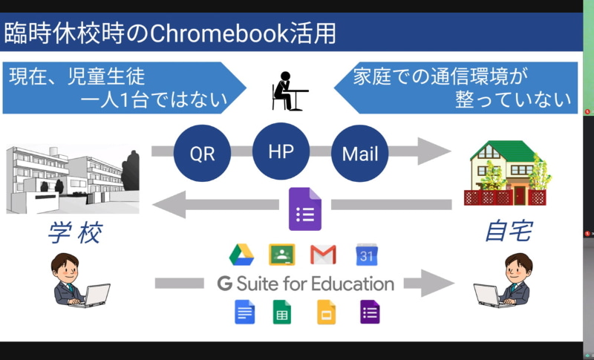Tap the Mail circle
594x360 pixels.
click(x=360, y=154)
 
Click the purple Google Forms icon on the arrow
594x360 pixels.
click(x=304, y=209)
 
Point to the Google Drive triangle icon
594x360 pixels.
click(x=242, y=255)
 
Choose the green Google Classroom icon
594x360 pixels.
click(x=282, y=255)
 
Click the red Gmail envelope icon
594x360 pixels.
click(x=323, y=255)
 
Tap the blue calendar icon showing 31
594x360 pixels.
click(x=367, y=255)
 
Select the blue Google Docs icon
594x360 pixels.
click(x=244, y=312)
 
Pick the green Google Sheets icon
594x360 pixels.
click(x=282, y=312)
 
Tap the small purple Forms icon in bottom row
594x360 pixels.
click(x=369, y=312)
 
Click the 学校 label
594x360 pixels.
click(x=74, y=234)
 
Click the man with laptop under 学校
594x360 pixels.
click(x=76, y=281)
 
